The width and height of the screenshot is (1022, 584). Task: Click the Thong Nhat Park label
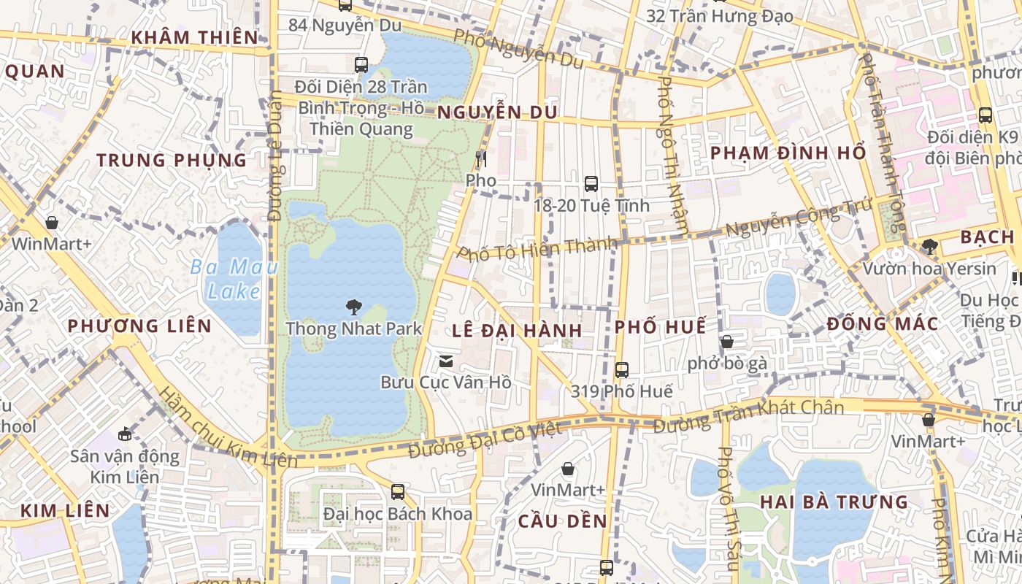354,328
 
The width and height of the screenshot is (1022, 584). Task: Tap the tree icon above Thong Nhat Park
354,306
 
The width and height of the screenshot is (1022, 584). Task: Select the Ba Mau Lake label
234,280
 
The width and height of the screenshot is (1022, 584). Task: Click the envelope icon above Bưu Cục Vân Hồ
445,361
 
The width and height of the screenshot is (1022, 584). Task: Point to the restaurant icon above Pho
480,158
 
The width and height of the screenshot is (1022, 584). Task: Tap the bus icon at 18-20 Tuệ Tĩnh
591,184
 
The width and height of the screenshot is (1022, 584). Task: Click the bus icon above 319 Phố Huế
621,370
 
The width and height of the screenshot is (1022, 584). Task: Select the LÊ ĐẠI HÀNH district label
517,331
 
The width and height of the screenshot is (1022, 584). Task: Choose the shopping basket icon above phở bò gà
727,342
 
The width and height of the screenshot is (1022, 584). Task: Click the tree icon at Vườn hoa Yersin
929,247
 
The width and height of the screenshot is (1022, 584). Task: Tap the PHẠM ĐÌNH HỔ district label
788,153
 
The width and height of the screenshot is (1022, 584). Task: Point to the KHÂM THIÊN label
195,37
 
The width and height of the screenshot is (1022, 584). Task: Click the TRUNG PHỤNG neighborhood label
172,161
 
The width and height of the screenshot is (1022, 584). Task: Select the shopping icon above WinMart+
52,223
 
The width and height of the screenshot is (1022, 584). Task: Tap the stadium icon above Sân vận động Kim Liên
125,434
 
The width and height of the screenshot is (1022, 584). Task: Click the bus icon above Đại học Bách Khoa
398,492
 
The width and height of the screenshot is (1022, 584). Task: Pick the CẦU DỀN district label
563,521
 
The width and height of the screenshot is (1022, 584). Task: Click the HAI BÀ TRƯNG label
834,502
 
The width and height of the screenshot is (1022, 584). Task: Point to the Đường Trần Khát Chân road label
749,415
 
